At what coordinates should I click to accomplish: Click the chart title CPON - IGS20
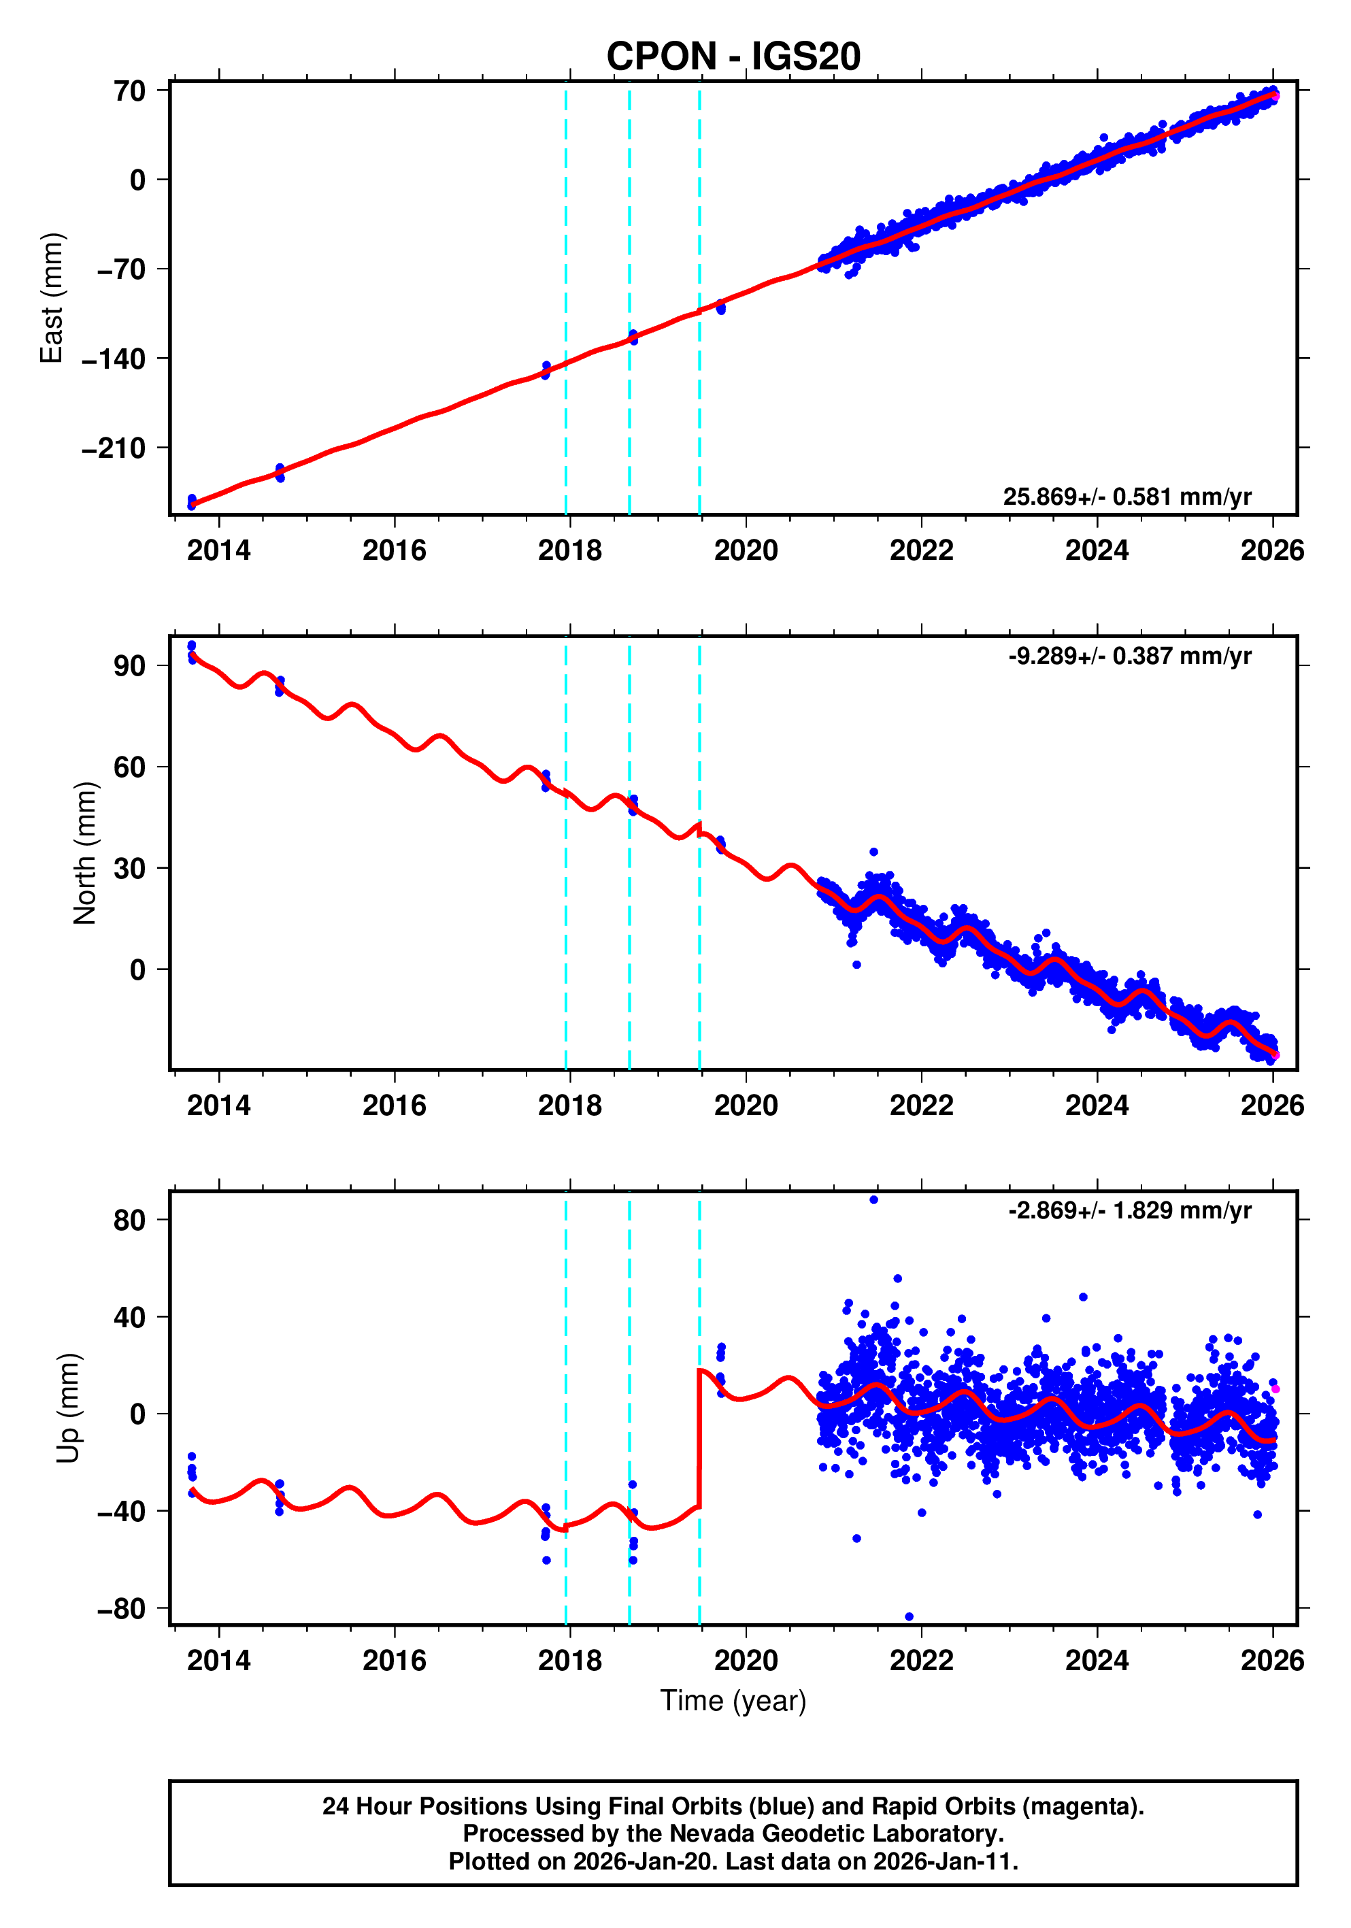click(733, 56)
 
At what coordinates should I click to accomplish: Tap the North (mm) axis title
click(85, 853)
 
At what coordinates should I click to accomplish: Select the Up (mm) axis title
click(68, 1408)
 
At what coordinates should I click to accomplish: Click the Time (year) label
click(733, 1699)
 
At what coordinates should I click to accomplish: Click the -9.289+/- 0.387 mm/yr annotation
click(1129, 655)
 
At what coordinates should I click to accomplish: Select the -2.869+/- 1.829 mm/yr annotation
click(1129, 1210)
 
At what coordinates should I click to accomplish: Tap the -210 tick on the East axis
click(114, 448)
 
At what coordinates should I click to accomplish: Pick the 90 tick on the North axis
click(130, 666)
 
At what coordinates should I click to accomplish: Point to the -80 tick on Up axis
click(121, 1609)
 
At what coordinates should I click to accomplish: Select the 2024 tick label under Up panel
click(1097, 1660)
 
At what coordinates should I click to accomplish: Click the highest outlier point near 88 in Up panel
click(874, 1200)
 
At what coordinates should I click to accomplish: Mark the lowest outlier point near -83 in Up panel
click(910, 1616)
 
